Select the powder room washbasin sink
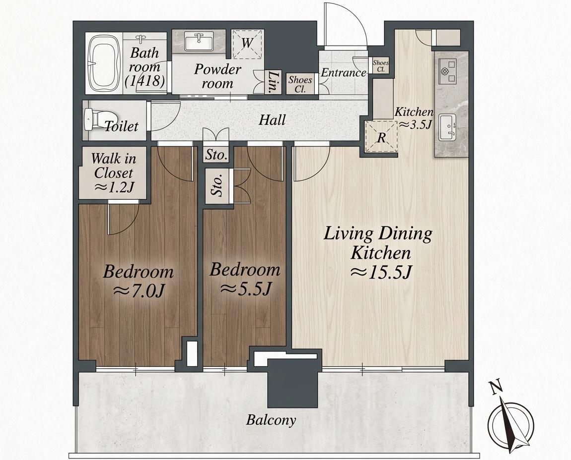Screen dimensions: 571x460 tap(199, 41)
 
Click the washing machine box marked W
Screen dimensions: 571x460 tap(247, 44)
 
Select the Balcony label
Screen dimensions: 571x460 tap(271, 420)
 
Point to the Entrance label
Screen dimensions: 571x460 tap(343, 73)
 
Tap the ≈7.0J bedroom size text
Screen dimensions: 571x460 tap(139, 290)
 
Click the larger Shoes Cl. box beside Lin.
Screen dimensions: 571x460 tap(300, 84)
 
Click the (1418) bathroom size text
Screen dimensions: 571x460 tap(144, 81)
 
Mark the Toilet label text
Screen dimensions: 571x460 tap(122, 126)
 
